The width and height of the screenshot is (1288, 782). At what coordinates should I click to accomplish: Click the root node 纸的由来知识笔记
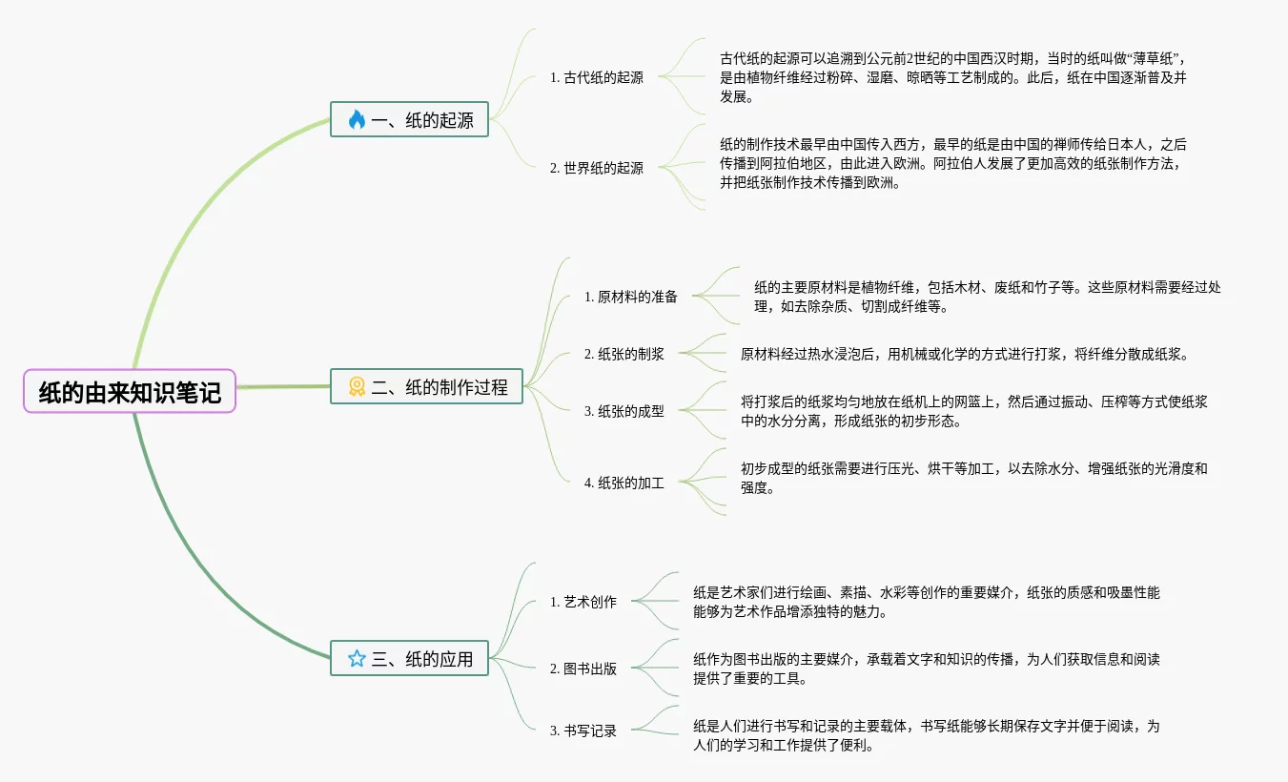pyautogui.click(x=130, y=391)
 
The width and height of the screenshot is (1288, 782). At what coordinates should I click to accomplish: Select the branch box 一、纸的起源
pyautogui.click(x=409, y=119)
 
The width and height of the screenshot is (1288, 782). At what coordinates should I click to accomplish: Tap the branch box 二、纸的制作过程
pyautogui.click(x=426, y=386)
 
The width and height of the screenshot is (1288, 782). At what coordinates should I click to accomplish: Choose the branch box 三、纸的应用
pyautogui.click(x=409, y=658)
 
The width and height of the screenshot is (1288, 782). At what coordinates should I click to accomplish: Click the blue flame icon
pyautogui.click(x=357, y=119)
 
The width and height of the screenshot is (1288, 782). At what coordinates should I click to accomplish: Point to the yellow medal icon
pyautogui.click(x=357, y=386)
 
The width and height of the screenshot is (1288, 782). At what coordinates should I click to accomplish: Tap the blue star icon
pyautogui.click(x=357, y=658)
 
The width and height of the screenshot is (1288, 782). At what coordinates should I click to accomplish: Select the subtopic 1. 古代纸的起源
pyautogui.click(x=597, y=77)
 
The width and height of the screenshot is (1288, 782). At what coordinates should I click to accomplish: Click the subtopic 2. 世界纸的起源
pyautogui.click(x=597, y=168)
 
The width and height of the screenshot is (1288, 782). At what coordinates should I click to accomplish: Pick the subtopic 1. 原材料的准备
pyautogui.click(x=631, y=297)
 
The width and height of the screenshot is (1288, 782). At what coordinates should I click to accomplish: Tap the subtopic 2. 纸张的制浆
pyautogui.click(x=624, y=354)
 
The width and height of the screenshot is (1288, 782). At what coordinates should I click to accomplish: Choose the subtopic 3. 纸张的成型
pyautogui.click(x=624, y=411)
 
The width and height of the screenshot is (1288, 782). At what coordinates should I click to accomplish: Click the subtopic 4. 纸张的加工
pyautogui.click(x=624, y=483)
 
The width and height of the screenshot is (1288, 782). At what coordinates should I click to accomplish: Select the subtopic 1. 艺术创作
pyautogui.click(x=583, y=602)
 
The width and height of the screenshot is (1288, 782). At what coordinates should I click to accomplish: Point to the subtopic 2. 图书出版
pyautogui.click(x=583, y=669)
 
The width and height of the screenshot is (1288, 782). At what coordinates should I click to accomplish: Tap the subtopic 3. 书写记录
pyautogui.click(x=583, y=731)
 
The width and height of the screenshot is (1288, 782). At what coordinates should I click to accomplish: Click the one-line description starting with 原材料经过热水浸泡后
pyautogui.click(x=964, y=354)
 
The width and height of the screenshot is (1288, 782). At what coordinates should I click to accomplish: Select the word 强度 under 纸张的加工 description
pyautogui.click(x=754, y=487)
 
